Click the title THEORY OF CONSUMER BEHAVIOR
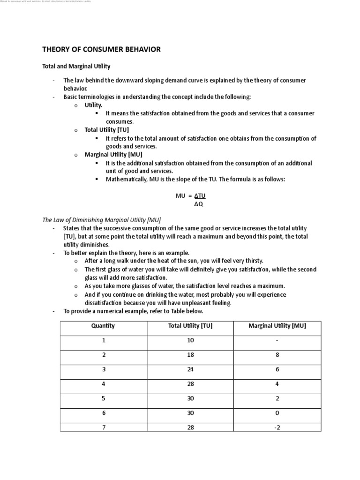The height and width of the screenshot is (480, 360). click(x=101, y=49)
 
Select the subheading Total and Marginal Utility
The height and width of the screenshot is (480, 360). click(x=76, y=67)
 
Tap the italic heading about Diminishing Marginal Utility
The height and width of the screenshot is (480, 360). click(x=102, y=219)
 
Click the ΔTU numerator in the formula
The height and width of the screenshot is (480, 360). click(x=200, y=196)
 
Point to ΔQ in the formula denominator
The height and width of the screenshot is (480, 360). click(x=199, y=204)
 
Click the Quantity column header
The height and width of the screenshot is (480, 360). click(x=103, y=326)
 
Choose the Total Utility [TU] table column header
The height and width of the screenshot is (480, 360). click(x=190, y=326)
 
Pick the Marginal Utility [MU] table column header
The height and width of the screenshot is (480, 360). click(x=277, y=326)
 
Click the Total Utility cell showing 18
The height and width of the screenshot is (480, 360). click(x=190, y=355)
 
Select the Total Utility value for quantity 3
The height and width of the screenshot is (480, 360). click(x=190, y=369)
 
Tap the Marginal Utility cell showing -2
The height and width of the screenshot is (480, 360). click(x=277, y=427)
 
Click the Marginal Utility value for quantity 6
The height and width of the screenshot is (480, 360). click(x=277, y=413)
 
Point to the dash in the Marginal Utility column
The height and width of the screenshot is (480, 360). click(x=277, y=340)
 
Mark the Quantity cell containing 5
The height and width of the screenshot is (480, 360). click(x=103, y=398)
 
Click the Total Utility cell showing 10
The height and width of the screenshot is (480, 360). click(x=190, y=340)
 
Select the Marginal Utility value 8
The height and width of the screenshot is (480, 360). click(x=277, y=355)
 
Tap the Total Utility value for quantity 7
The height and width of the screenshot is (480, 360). click(x=190, y=427)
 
